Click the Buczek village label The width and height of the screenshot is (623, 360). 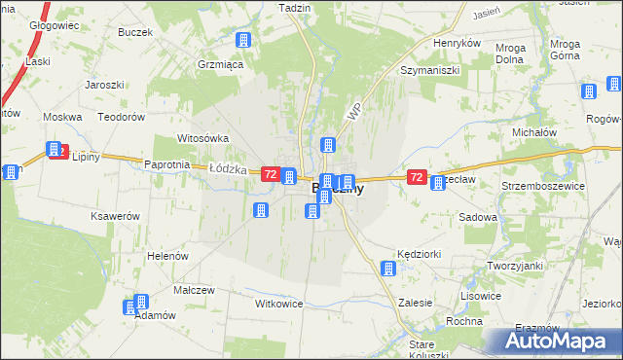coord(137,32)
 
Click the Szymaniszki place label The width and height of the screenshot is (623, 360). coord(429,71)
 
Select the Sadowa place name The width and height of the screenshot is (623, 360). coord(477,218)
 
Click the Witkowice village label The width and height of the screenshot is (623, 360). coord(279,304)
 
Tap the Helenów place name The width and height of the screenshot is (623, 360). coord(166,254)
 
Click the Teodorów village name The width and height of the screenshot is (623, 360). coord(122,116)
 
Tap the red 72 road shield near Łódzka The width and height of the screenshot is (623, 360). coord(271,174)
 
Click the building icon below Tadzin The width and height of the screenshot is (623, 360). coord(242,41)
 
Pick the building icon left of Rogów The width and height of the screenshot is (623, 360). coord(589,92)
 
